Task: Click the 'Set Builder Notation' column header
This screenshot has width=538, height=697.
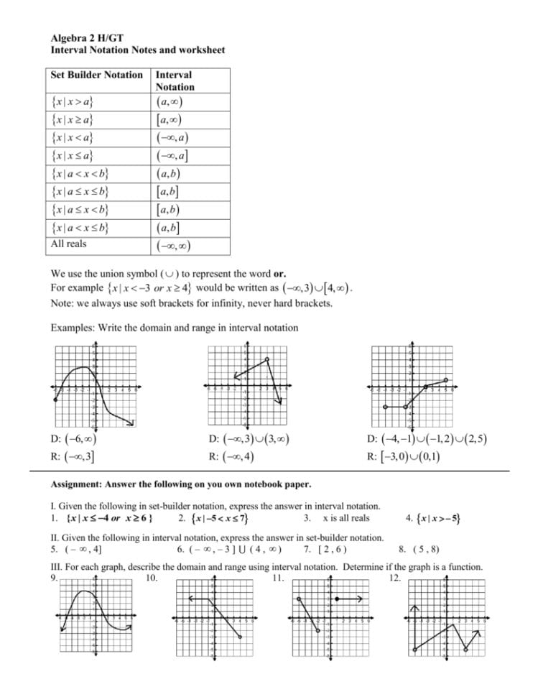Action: point(97,75)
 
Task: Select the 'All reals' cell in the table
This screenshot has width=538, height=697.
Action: point(69,244)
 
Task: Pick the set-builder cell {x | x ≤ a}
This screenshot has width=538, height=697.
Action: point(75,154)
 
